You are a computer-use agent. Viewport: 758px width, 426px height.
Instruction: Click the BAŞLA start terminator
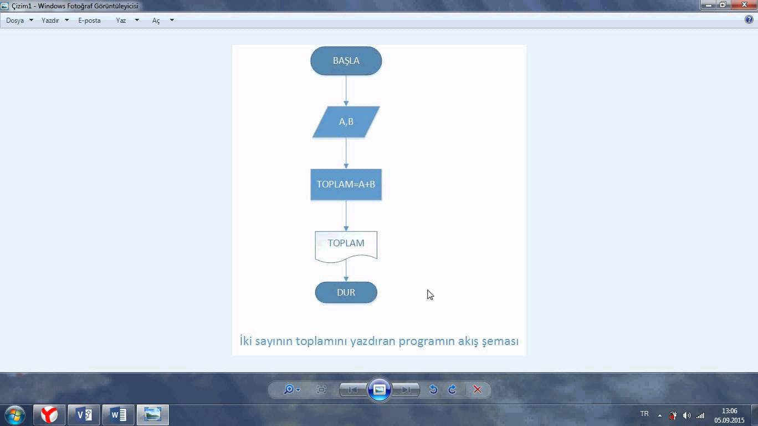tap(346, 60)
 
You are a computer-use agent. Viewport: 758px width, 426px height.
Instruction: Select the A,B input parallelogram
tap(346, 122)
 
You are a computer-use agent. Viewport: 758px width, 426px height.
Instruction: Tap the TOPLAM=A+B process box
tap(346, 185)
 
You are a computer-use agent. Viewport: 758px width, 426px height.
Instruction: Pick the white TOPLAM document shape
tap(346, 246)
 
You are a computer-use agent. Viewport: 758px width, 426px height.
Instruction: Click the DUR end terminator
tap(346, 292)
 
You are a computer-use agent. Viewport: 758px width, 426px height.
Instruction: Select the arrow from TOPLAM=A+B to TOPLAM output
tap(346, 216)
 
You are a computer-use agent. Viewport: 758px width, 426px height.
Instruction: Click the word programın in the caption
tap(427, 341)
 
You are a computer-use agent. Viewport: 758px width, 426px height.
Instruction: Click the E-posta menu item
tap(89, 21)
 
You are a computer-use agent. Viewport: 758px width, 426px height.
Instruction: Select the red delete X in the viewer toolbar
tap(478, 390)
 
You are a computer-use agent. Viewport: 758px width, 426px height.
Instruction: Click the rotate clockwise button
tap(452, 390)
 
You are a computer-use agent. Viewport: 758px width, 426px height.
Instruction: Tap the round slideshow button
tap(380, 390)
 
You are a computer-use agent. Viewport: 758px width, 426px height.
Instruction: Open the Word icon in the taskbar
tap(118, 415)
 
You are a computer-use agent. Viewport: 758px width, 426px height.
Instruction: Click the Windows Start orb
tap(15, 415)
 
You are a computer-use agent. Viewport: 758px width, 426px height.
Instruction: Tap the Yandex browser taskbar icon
tap(49, 415)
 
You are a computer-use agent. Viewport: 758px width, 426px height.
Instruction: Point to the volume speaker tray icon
tap(687, 415)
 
